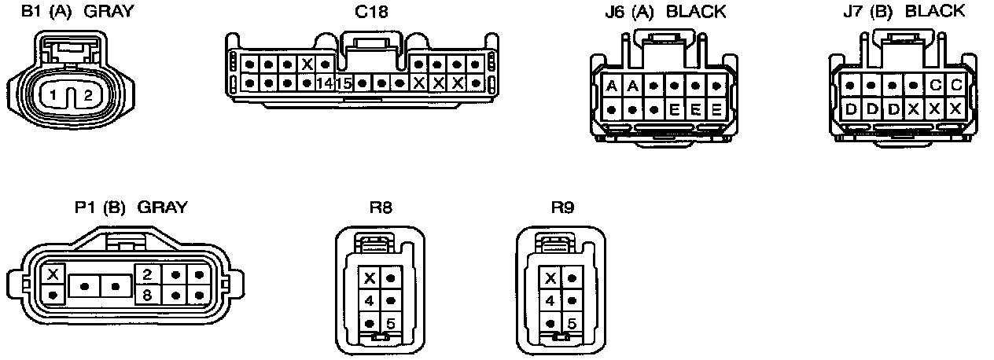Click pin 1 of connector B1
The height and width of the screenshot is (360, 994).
point(53,96)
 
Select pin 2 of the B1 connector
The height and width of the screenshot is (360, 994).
point(88,96)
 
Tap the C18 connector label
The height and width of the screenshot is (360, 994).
point(370,12)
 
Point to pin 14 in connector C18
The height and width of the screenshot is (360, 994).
point(325,83)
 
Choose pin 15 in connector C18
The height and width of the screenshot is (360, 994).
point(344,83)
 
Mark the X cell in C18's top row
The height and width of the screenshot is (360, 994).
point(307,64)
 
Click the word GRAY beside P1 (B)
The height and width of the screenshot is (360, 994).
point(163,208)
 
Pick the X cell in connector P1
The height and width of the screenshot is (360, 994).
point(53,274)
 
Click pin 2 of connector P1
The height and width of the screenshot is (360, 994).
point(146,274)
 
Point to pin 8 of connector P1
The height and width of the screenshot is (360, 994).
point(146,295)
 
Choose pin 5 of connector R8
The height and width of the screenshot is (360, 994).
point(391,323)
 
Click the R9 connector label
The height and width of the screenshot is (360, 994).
point(562,208)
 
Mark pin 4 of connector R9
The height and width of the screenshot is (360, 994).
point(550,300)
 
